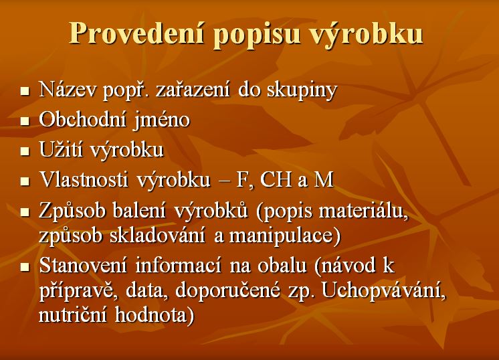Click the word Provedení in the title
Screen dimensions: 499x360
[x=137, y=33]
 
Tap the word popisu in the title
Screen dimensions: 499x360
[x=258, y=35]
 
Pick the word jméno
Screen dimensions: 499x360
[x=161, y=121]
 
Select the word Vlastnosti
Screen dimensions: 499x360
[x=84, y=179]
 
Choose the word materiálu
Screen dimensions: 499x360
[x=363, y=210]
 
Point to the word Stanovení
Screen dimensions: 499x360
[x=83, y=265]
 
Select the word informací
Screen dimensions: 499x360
[x=178, y=265]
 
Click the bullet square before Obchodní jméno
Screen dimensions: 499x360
[x=25, y=121]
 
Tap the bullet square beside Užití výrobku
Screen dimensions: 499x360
[x=25, y=151]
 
